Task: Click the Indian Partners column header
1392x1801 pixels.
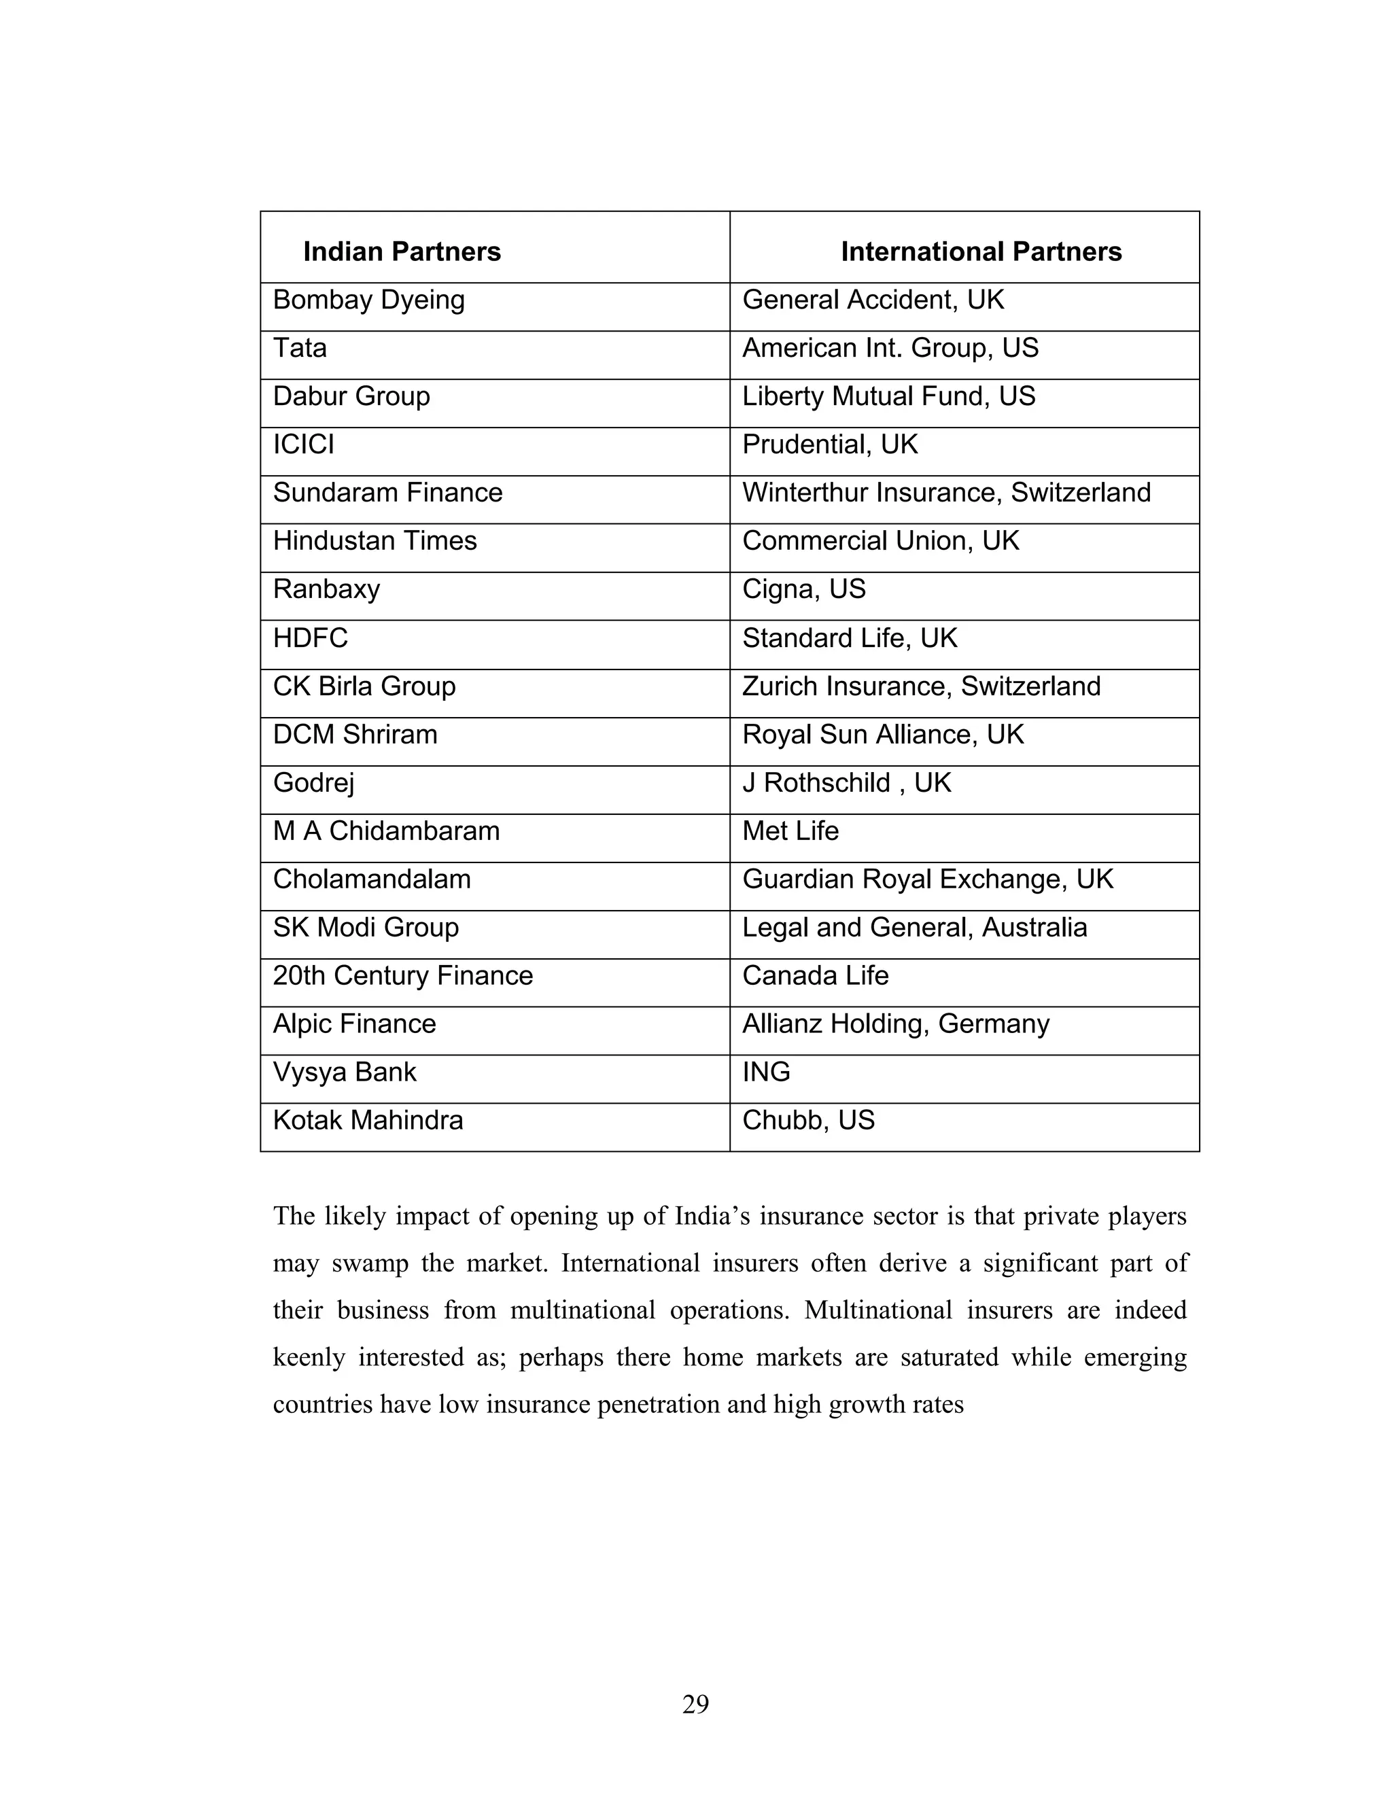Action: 402,251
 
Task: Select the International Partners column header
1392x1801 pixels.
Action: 981,251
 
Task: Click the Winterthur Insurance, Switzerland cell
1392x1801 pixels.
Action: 946,493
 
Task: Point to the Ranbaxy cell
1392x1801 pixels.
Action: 326,590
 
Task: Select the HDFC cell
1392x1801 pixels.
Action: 310,638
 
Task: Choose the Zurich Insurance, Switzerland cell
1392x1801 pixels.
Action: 920,686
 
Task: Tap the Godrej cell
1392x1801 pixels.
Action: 313,782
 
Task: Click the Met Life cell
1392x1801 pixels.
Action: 790,831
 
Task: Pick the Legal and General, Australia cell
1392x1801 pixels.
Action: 913,928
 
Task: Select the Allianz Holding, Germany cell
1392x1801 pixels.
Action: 896,1024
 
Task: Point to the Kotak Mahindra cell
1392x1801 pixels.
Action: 368,1121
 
